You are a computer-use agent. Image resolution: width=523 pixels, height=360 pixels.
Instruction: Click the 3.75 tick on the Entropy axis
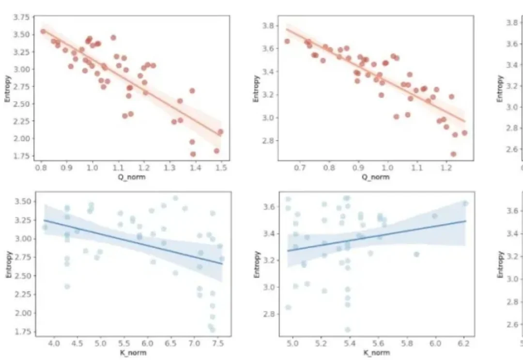pyautogui.click(x=24, y=17)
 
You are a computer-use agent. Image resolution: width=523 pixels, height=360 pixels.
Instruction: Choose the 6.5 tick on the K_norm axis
pyautogui.click(x=171, y=343)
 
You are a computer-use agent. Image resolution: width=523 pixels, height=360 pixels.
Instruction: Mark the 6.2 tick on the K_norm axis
pyautogui.click(x=463, y=343)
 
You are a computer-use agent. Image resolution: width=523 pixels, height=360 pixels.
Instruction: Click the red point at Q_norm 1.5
pyautogui.click(x=220, y=132)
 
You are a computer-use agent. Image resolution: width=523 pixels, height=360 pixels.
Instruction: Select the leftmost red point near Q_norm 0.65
pyautogui.click(x=287, y=41)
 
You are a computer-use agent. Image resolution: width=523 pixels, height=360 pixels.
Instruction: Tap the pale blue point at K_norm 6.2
pyautogui.click(x=465, y=203)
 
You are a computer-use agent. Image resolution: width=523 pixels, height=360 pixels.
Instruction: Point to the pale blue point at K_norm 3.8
pyautogui.click(x=45, y=227)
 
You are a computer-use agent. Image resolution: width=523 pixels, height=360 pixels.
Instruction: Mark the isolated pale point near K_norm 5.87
pyautogui.click(x=416, y=254)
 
